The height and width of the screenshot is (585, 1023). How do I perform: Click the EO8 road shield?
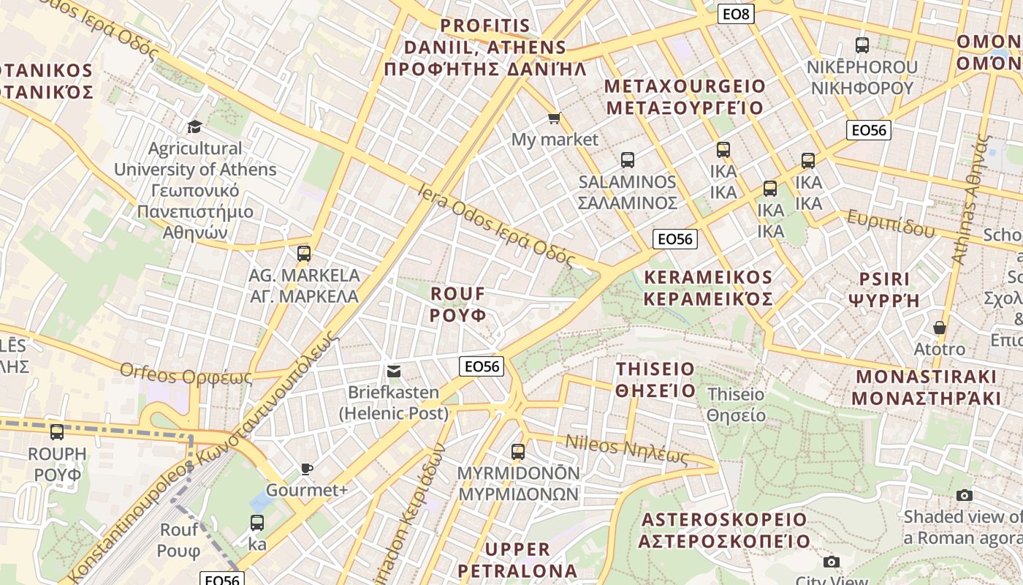click(735, 13)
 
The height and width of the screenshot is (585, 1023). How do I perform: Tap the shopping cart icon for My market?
click(555, 118)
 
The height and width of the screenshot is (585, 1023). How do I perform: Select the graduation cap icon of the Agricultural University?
click(194, 127)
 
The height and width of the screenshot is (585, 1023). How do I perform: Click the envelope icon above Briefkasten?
click(394, 371)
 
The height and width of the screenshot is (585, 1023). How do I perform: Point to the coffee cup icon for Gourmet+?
click(307, 469)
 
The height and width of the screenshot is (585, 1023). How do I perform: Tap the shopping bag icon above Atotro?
click(940, 328)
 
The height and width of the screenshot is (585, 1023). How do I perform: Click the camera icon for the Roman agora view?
click(965, 495)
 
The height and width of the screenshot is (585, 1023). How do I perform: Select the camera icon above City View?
click(831, 562)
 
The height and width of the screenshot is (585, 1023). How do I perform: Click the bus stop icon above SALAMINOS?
click(627, 159)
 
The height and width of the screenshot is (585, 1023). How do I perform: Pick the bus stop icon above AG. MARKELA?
click(304, 254)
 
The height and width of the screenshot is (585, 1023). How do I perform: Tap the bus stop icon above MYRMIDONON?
click(518, 451)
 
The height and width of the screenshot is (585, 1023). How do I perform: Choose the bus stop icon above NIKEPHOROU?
click(862, 45)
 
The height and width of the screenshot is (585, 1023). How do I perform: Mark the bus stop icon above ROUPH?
click(57, 431)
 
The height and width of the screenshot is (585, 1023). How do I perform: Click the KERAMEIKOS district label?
click(708, 288)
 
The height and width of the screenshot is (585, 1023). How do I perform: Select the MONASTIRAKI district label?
click(926, 388)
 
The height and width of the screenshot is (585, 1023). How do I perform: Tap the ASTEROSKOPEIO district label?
click(724, 530)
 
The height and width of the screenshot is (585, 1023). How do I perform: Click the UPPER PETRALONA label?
click(517, 559)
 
